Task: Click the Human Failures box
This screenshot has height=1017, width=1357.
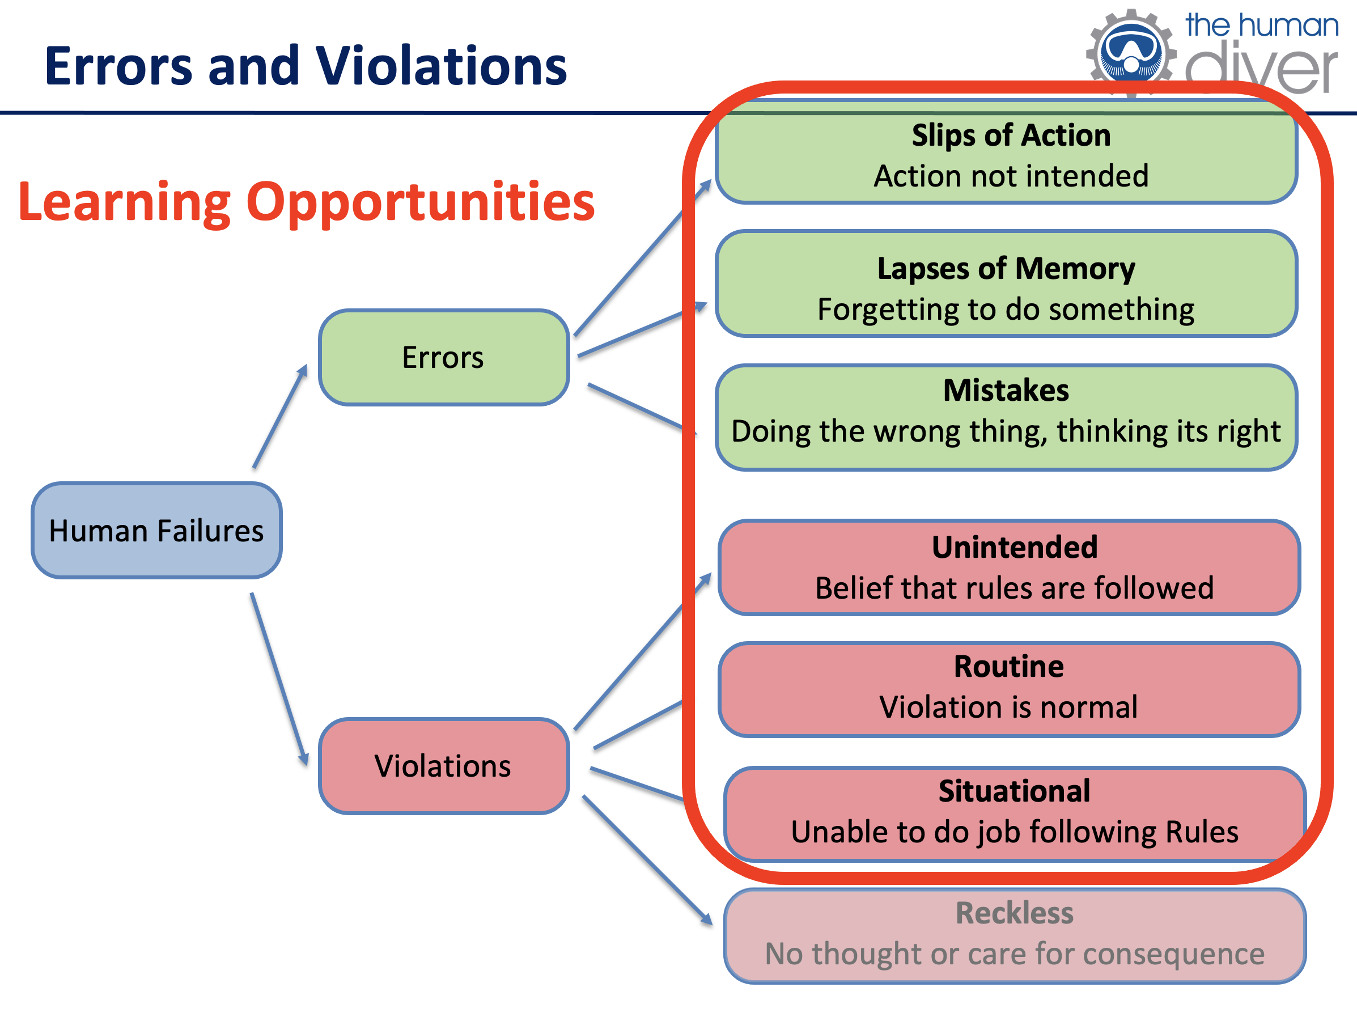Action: pos(156,531)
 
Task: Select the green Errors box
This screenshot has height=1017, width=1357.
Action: pos(443,357)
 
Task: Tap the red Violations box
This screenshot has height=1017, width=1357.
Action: pos(443,765)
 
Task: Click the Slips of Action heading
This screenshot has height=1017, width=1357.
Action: pos(1011,135)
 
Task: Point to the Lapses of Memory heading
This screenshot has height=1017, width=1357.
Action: pos(1006,269)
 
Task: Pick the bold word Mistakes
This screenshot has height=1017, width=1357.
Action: pos(1006,390)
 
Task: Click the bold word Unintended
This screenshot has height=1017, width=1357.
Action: pos(1015,547)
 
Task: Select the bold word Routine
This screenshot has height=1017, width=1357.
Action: pos(1009,666)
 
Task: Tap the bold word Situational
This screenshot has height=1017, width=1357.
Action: pos(1015,791)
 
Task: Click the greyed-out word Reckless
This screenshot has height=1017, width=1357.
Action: pos(1015,913)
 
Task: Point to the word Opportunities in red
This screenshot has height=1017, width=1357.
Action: pos(421,203)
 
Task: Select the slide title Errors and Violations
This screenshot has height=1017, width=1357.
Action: pos(306,66)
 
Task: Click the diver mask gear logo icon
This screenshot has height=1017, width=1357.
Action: pos(1131,53)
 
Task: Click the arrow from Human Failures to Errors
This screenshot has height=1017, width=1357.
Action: pos(280,416)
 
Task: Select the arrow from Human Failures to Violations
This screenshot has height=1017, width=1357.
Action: pos(279,679)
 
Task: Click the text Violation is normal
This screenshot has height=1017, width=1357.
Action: pos(1009,707)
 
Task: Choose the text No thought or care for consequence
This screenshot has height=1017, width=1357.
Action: pos(1015,955)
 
